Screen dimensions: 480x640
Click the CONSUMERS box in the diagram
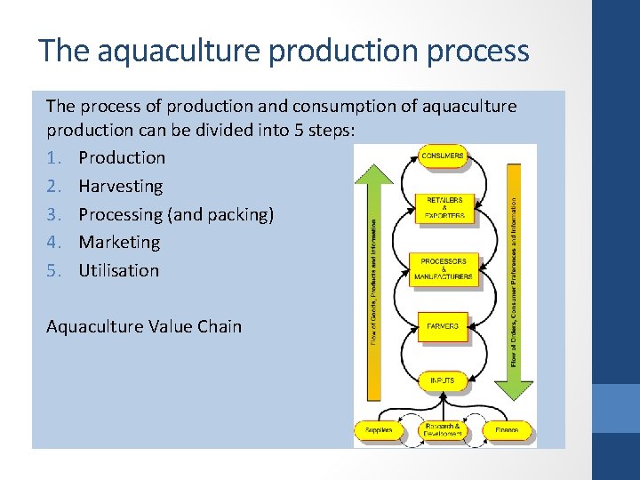pyautogui.click(x=443, y=156)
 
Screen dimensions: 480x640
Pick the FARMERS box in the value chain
pyautogui.click(x=443, y=327)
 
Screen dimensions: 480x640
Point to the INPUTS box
pyautogui.click(x=443, y=381)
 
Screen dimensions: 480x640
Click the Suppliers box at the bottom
pyautogui.click(x=379, y=430)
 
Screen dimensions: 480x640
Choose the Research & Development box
pyautogui.click(x=443, y=430)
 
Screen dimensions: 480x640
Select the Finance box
pyautogui.click(x=508, y=430)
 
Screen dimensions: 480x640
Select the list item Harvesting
pyautogui.click(x=121, y=187)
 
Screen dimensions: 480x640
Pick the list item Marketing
pyautogui.click(x=119, y=242)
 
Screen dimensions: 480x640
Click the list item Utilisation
pyautogui.click(x=118, y=270)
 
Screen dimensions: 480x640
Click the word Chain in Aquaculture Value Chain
pyautogui.click(x=220, y=326)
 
